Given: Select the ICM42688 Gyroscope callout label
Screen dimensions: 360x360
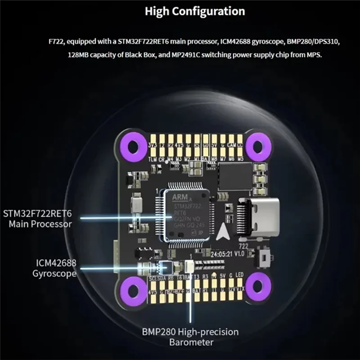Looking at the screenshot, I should [54, 268].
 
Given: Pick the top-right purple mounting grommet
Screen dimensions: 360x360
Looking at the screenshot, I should [258, 145].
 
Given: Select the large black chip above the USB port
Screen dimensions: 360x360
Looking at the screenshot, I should [235, 176].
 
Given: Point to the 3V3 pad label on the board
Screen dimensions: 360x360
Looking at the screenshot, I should [153, 146].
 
